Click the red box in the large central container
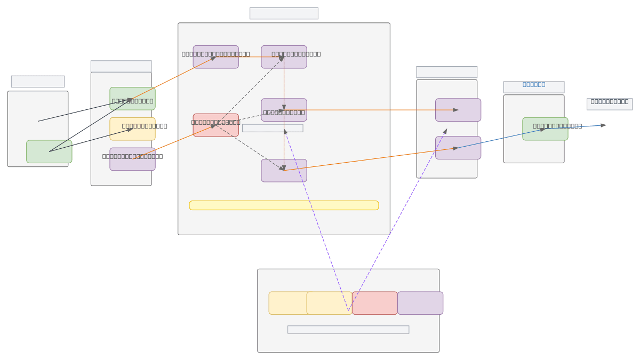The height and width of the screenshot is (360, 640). (x=215, y=125)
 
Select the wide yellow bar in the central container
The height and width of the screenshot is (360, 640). (x=284, y=205)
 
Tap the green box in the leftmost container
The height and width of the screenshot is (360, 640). (x=49, y=151)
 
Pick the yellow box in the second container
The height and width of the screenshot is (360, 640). (x=132, y=129)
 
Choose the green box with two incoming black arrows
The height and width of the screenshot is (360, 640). (x=132, y=99)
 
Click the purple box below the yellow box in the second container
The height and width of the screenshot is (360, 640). (x=132, y=159)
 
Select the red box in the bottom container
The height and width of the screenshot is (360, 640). (x=374, y=303)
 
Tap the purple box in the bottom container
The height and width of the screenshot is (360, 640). (x=420, y=303)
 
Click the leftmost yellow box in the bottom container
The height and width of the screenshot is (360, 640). (x=288, y=303)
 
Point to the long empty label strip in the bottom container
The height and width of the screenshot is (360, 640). (x=348, y=330)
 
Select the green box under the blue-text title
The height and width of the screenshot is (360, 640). (x=545, y=129)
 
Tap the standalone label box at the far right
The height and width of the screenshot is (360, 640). (x=609, y=104)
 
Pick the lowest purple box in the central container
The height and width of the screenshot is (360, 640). (x=284, y=171)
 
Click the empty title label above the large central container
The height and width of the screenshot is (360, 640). (x=284, y=13)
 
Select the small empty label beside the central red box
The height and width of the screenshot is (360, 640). (x=273, y=128)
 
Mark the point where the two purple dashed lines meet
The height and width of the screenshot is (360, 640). (x=348, y=310)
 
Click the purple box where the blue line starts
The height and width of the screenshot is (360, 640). (x=458, y=148)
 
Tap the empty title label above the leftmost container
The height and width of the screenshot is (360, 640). (x=38, y=82)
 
